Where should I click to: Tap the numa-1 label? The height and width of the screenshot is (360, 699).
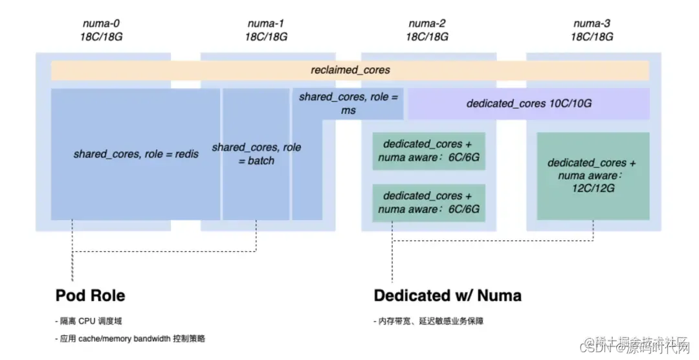click(266, 24)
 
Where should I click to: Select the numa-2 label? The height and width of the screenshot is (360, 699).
click(427, 24)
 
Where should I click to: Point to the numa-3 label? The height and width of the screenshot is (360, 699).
click(592, 24)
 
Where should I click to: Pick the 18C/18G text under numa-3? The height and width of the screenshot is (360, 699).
click(592, 36)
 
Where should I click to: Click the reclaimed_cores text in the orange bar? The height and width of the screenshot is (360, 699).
click(350, 70)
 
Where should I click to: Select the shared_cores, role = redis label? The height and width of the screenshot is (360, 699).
click(136, 154)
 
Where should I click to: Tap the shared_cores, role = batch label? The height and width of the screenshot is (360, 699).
click(256, 154)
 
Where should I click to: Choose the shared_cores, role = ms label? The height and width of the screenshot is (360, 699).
click(349, 104)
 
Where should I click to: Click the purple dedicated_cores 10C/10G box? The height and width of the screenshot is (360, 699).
click(529, 104)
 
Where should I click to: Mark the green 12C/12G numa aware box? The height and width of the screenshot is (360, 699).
click(592, 175)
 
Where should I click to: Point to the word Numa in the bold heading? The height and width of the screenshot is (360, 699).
click(498, 296)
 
